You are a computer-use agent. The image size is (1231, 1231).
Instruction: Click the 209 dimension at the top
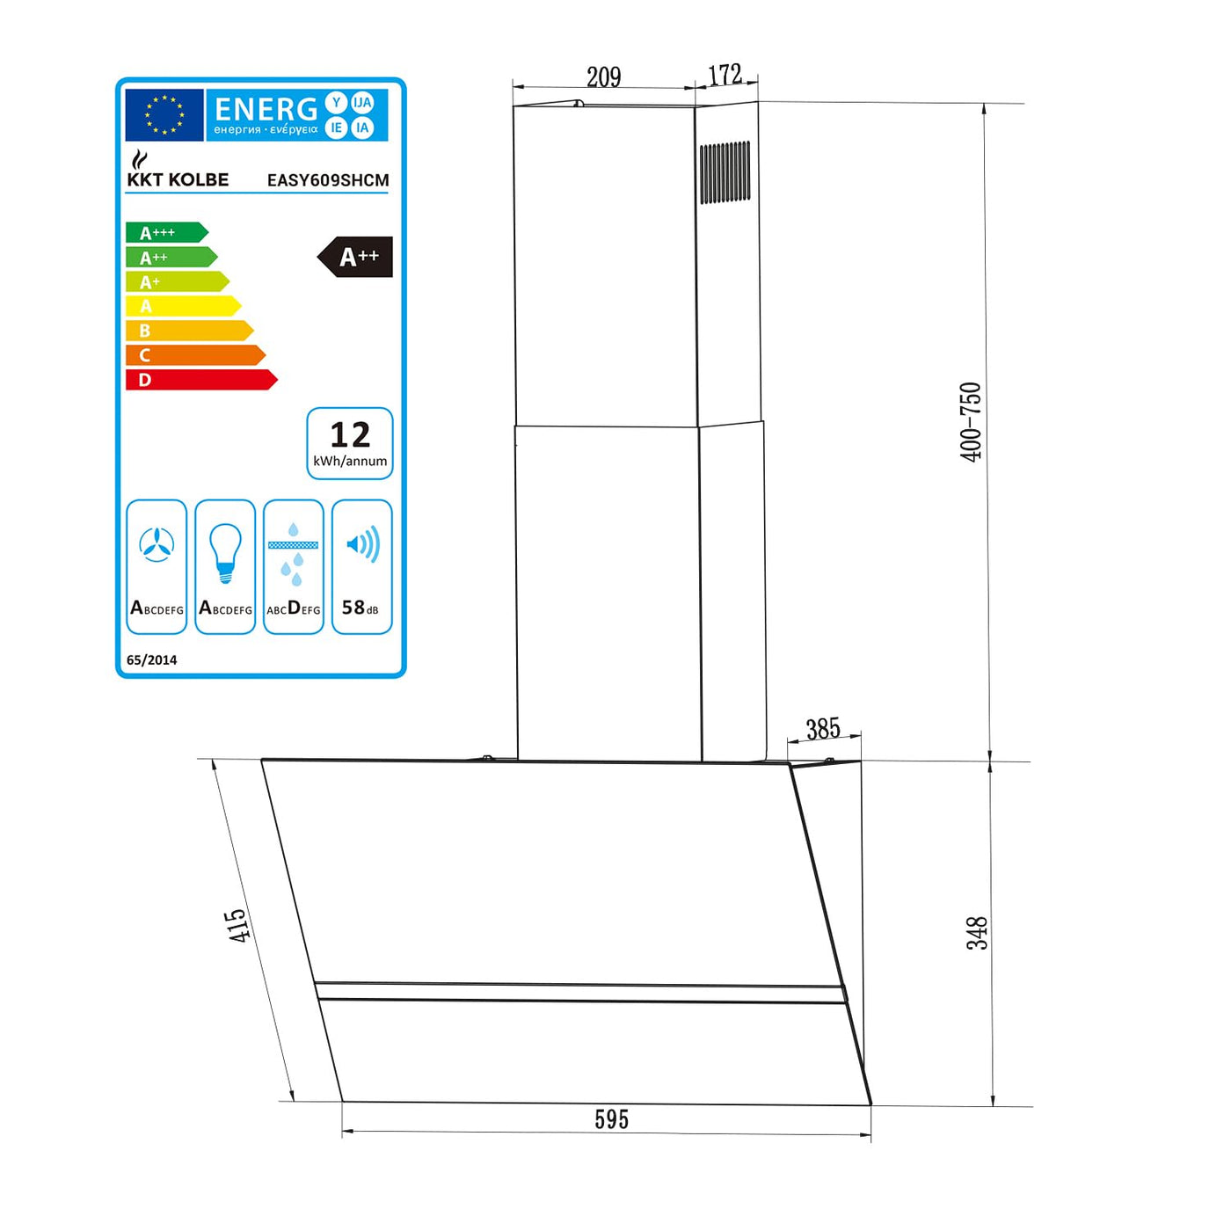point(603,76)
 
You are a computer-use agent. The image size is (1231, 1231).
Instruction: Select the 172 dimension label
point(725,75)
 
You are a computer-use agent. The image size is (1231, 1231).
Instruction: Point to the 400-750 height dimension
point(970,422)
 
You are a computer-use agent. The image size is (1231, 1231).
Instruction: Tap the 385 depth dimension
point(823,728)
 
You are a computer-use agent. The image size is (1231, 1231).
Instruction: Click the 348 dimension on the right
point(978,933)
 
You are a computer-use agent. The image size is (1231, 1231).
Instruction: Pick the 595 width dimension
point(611,1119)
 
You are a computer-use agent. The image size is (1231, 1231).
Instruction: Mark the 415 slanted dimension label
point(237,926)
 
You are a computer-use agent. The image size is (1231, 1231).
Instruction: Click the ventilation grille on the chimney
point(725,172)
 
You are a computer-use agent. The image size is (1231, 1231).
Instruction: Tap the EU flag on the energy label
point(164,115)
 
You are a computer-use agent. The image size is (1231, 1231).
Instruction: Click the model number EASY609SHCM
point(328,180)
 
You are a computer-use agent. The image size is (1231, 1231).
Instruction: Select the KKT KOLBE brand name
point(178,179)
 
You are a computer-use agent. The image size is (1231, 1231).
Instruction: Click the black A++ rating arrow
point(356,257)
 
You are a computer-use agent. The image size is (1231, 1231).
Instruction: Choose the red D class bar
point(200,380)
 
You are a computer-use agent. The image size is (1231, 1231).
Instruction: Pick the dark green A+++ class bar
point(166,232)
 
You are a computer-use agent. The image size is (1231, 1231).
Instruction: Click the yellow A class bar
point(183,306)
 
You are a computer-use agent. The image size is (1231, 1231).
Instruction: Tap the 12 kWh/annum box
point(350,443)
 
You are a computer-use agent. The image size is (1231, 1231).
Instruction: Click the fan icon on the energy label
point(157,545)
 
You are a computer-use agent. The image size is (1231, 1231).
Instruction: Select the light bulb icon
point(225,552)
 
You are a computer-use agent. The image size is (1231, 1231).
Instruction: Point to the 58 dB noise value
point(361,608)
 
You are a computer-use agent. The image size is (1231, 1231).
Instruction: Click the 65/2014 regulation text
point(151,659)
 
